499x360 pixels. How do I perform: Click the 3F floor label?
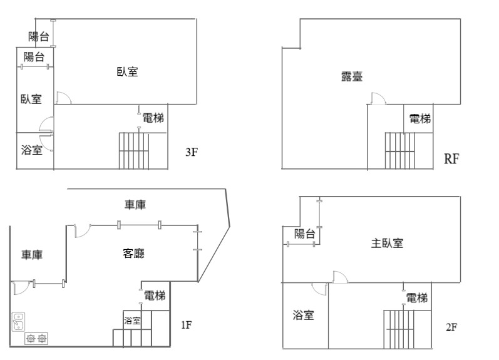(192, 152)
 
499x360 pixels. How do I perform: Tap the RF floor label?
(451, 158)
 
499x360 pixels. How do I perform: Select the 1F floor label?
(187, 325)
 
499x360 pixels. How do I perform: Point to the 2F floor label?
(451, 327)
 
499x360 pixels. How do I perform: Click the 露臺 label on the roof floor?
(352, 76)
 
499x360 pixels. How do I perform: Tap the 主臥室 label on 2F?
(387, 244)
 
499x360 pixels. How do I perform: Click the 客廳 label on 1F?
(133, 254)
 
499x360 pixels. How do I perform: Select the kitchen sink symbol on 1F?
(18, 322)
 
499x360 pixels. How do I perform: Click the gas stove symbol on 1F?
(36, 338)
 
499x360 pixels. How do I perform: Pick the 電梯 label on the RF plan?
(420, 119)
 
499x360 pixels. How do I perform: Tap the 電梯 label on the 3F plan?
(153, 118)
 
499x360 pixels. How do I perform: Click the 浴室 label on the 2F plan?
(303, 315)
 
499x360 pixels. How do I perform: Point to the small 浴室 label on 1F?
(132, 320)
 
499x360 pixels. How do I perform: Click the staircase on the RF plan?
(399, 150)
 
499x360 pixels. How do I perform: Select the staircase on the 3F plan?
(133, 150)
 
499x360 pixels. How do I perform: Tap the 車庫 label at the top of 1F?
(135, 205)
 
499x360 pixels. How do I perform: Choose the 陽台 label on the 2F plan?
(304, 234)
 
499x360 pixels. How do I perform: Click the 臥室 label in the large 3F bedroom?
(127, 71)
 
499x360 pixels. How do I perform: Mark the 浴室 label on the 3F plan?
(32, 150)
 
